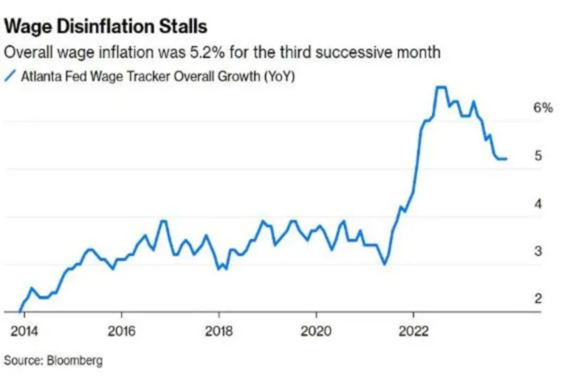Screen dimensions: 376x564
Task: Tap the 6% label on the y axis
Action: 542,108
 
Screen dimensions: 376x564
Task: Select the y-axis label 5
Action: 538,156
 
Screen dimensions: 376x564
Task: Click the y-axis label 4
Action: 538,204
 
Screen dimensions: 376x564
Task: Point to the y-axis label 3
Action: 538,251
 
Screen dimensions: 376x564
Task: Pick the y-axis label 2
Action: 538,298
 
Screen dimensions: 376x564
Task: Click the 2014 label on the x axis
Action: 24,332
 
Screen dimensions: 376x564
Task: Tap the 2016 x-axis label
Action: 121,332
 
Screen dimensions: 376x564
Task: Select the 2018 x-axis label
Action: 219,332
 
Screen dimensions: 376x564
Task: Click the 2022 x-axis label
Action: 413,332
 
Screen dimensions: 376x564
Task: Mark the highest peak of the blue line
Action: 440,87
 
